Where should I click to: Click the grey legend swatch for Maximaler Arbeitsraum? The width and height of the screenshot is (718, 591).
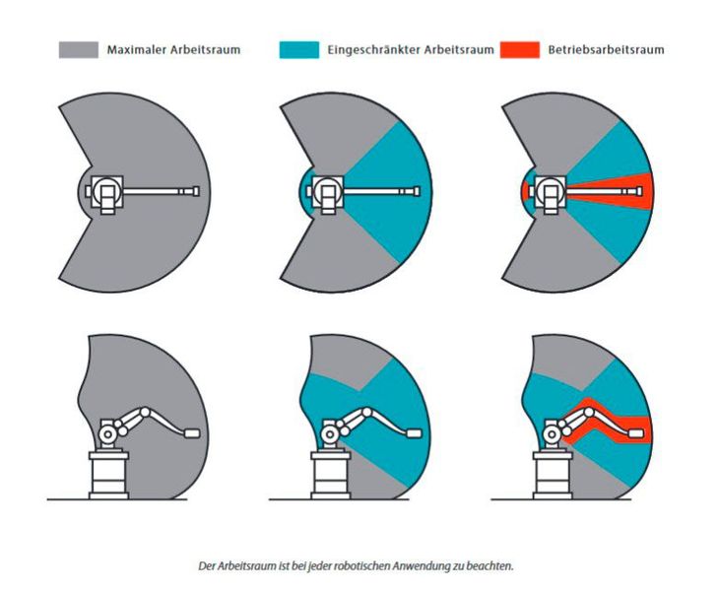[x=78, y=48]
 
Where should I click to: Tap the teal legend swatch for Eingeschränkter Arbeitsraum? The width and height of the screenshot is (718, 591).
[x=299, y=48]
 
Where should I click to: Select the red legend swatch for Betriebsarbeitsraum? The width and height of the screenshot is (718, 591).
[x=519, y=48]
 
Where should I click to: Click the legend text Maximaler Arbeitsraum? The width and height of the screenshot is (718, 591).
[x=173, y=48]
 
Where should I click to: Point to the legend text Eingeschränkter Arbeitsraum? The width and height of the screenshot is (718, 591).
[x=405, y=48]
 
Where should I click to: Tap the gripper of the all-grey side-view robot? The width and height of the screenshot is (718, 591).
[x=192, y=432]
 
